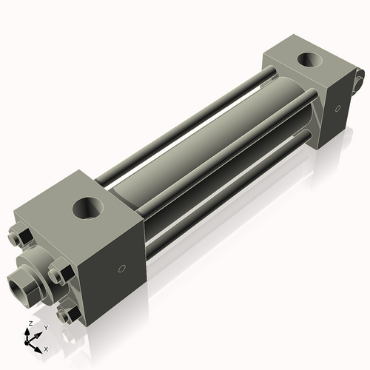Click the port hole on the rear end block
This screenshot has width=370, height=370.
(x=304, y=60)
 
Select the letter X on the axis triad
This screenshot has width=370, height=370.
(x=46, y=348)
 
